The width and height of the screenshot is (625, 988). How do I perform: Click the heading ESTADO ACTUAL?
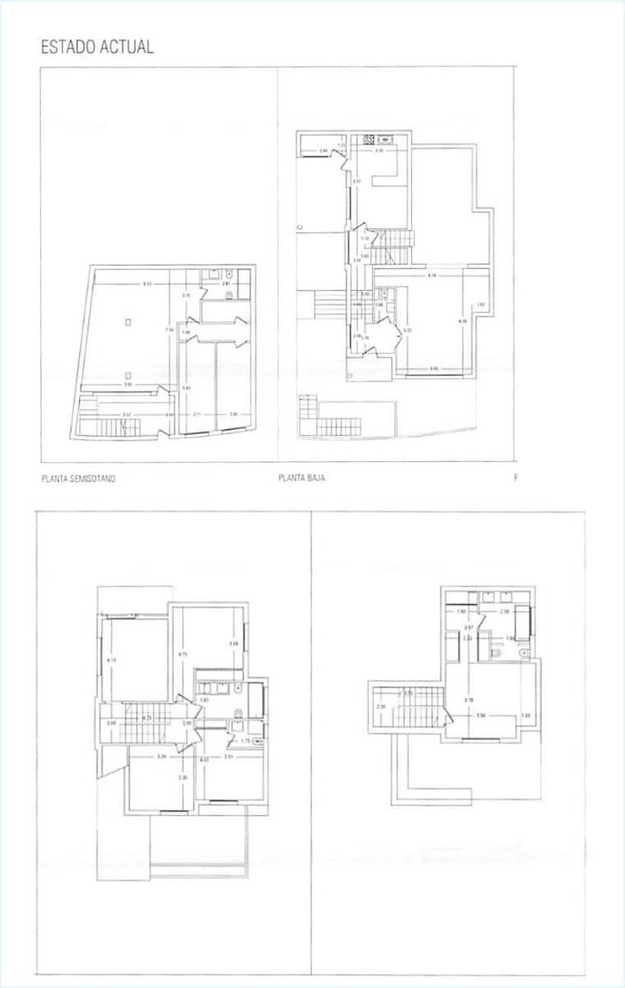click(97, 47)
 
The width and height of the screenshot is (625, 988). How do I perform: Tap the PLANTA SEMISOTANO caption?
click(78, 478)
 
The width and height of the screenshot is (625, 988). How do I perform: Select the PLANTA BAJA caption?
click(301, 478)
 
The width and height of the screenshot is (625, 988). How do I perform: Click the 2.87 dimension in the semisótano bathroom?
click(226, 284)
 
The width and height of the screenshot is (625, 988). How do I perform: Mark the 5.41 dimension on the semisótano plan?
click(186, 388)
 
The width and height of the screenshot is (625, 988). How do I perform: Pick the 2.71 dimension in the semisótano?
click(198, 414)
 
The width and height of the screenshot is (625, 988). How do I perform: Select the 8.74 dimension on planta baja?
click(432, 276)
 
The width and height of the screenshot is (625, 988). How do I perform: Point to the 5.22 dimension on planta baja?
click(407, 330)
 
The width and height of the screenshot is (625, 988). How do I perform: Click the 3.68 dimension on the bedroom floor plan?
click(234, 644)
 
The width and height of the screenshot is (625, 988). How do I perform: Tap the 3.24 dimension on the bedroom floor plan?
click(162, 756)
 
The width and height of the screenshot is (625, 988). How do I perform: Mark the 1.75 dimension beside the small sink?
click(245, 741)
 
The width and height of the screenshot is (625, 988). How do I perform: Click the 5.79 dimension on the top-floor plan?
click(469, 700)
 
